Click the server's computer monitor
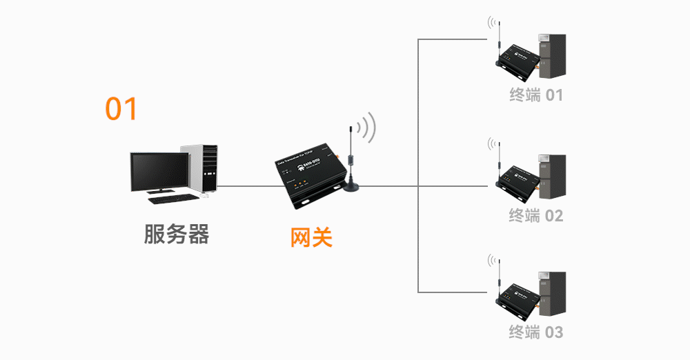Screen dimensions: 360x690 158,172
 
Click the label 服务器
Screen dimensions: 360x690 176,234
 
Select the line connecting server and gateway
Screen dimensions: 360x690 248,186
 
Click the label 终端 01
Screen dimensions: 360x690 536,95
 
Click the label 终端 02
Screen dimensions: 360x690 536,216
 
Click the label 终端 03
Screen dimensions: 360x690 536,332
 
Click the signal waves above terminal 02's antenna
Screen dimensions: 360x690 492,143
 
